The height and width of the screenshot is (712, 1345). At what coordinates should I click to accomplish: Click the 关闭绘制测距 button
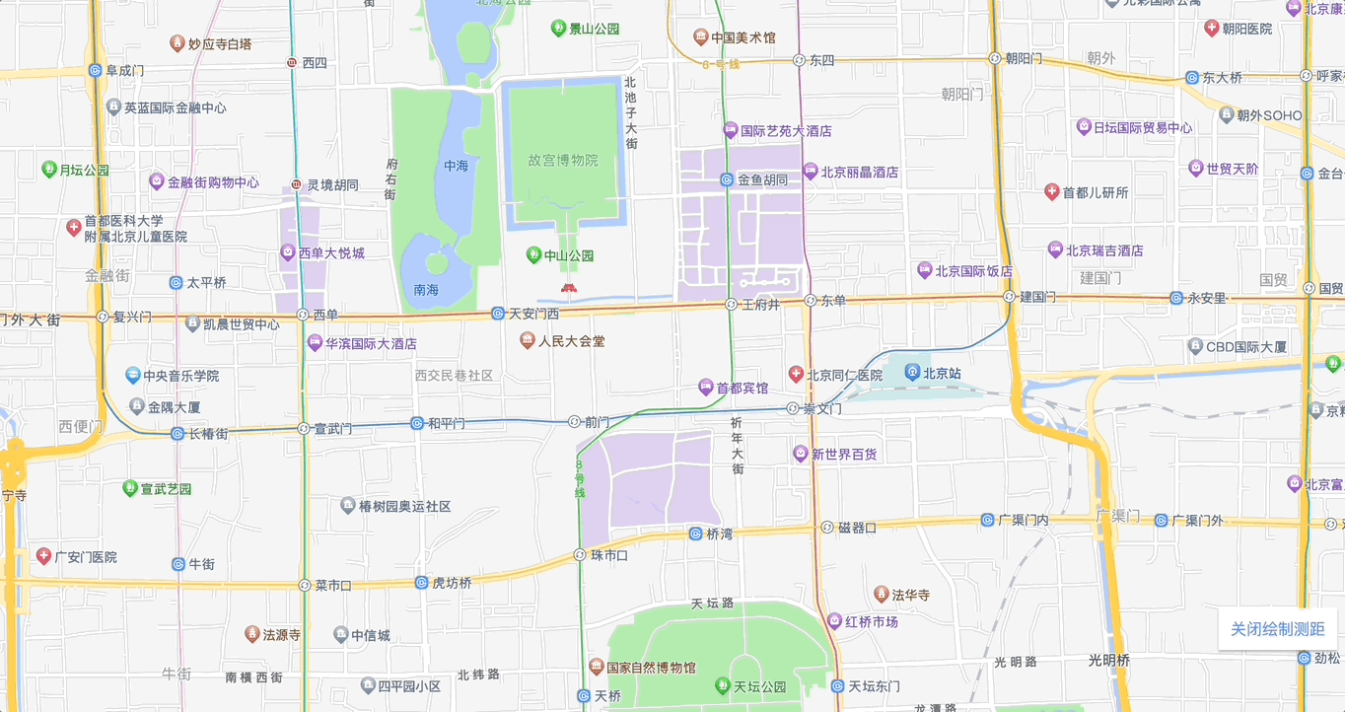[1277, 629]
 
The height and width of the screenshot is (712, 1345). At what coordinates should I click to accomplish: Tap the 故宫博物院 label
[562, 160]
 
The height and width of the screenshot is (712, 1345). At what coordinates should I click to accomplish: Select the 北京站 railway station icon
[912, 373]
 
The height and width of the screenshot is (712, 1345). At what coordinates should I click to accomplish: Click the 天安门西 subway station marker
[498, 314]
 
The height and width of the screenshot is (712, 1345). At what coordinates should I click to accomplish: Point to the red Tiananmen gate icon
[568, 288]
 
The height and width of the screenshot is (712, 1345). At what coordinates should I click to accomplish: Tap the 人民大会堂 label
[572, 341]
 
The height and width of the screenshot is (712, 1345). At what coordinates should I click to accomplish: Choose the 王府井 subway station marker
[731, 305]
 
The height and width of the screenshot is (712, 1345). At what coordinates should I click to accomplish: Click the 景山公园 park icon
[559, 29]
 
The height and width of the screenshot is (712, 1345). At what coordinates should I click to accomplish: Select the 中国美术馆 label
[743, 37]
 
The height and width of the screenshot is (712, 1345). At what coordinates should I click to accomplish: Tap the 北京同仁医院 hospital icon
[796, 375]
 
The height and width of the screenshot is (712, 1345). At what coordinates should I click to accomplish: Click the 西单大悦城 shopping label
[331, 253]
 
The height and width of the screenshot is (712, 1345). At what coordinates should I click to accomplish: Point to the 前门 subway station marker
[574, 422]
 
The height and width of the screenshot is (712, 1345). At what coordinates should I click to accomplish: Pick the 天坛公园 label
[759, 686]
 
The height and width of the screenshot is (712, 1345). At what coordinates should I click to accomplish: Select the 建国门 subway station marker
[1009, 296]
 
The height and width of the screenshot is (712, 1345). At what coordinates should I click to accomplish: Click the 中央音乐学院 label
[180, 376]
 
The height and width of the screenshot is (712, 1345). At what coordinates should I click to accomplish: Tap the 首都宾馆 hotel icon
[705, 388]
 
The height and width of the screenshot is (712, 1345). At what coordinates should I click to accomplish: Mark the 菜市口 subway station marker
[304, 585]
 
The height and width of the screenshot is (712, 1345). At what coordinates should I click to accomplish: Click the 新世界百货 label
[844, 455]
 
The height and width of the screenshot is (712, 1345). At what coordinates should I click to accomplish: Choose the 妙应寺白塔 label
[219, 43]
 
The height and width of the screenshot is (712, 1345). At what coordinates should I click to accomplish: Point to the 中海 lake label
[456, 166]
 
